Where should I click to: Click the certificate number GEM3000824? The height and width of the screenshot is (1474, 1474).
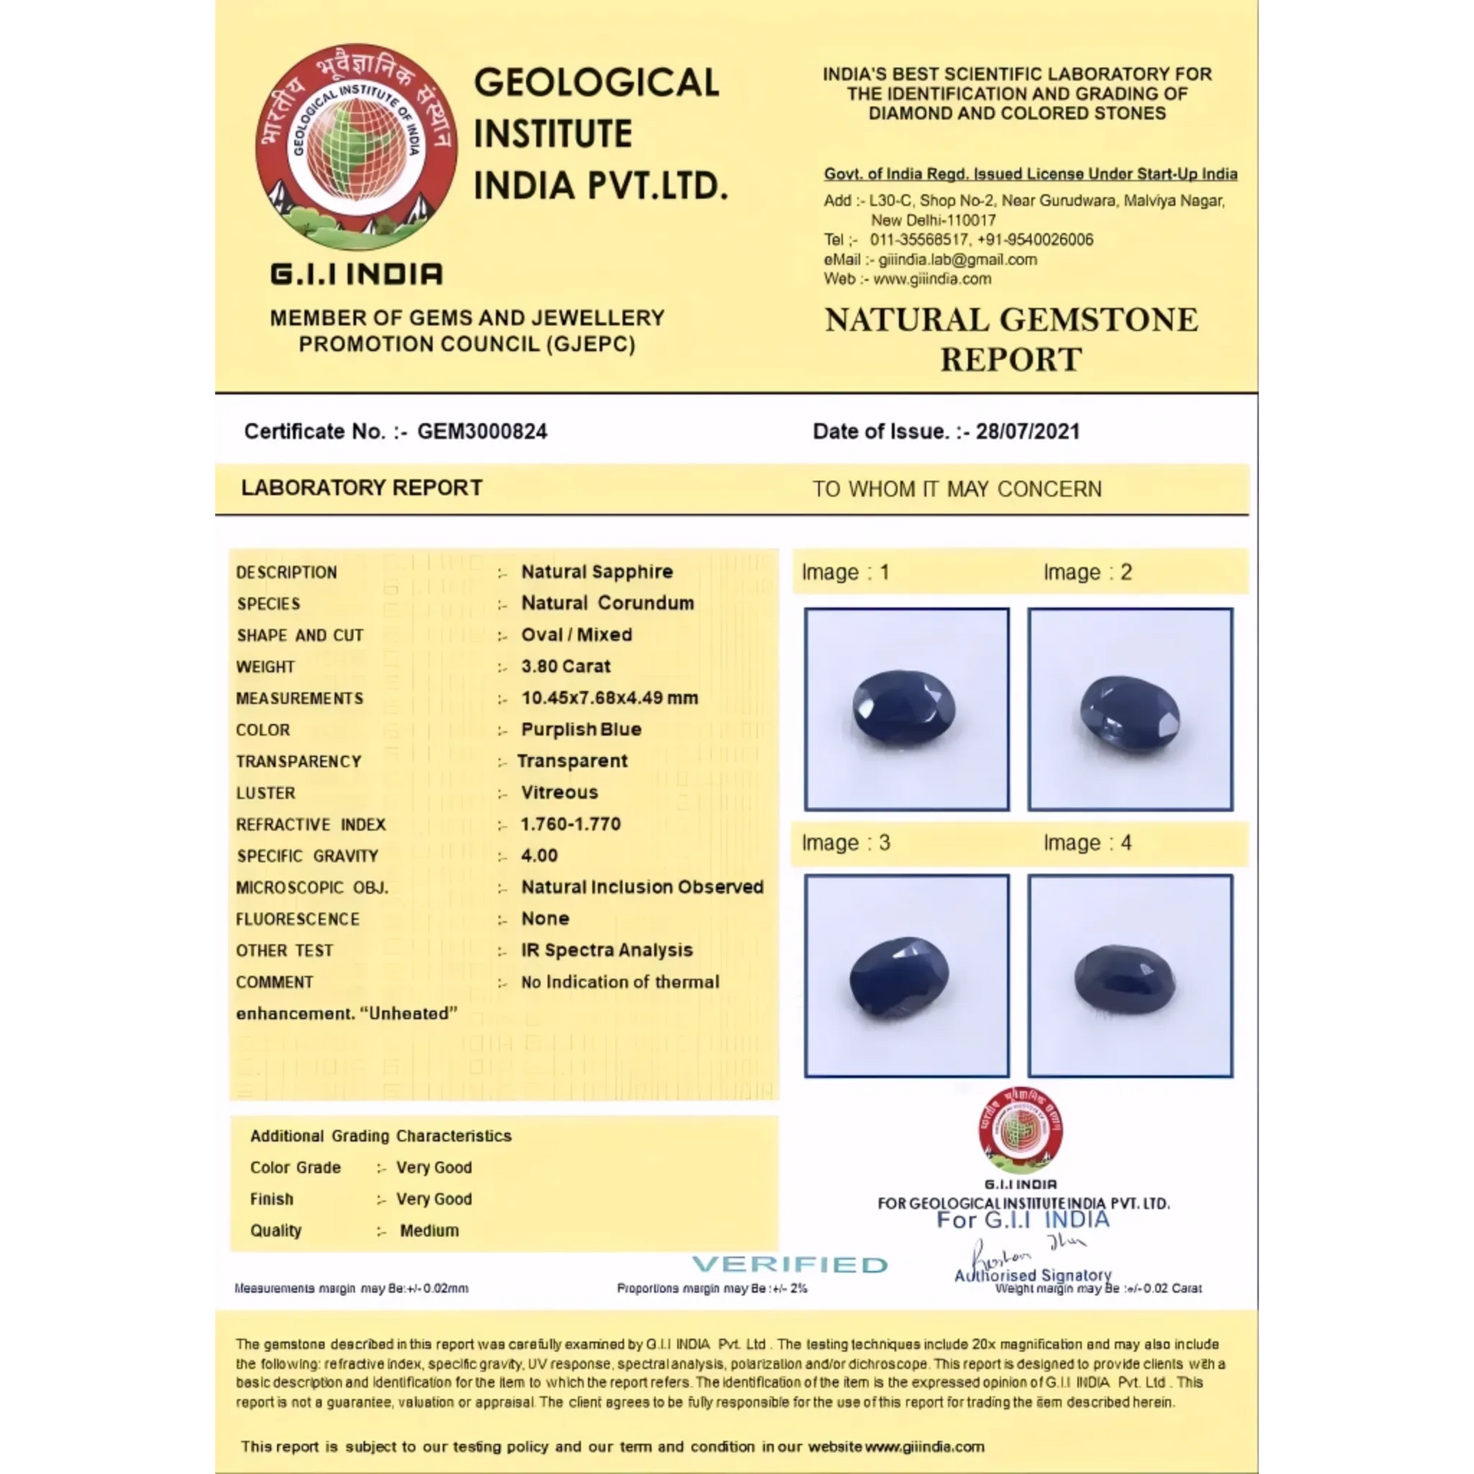tap(481, 431)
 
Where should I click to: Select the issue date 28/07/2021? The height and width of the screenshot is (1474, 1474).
tap(1027, 431)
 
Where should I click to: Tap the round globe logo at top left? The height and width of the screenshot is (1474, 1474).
tap(356, 147)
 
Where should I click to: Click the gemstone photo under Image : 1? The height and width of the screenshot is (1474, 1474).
tap(906, 709)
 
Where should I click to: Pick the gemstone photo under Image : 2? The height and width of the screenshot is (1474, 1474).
tap(1130, 709)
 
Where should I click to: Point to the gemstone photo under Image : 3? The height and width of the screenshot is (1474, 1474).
tap(906, 976)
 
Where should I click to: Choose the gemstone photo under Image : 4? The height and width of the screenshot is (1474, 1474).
tap(1130, 976)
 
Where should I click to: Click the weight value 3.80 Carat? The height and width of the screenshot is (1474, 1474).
tap(566, 666)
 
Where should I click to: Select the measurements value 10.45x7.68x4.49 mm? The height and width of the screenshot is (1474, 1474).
tap(610, 698)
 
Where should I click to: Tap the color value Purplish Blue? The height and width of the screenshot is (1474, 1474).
tap(581, 729)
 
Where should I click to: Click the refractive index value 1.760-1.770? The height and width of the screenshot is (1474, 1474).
tap(570, 824)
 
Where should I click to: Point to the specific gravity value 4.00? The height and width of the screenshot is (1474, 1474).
tap(539, 855)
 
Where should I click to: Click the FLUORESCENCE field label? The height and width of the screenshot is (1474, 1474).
tap(297, 919)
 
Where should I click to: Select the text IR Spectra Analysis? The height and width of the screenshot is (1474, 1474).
tap(606, 950)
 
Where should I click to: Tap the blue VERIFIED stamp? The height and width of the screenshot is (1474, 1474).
tap(790, 1264)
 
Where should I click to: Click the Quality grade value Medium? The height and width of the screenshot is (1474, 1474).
tap(429, 1231)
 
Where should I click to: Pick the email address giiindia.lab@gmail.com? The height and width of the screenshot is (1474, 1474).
tap(957, 259)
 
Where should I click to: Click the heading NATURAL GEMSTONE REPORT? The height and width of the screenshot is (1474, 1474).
tap(1011, 339)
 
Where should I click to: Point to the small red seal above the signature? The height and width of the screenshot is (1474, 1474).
tap(1020, 1129)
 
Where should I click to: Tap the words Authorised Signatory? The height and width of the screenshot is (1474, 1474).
tap(1033, 1275)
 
